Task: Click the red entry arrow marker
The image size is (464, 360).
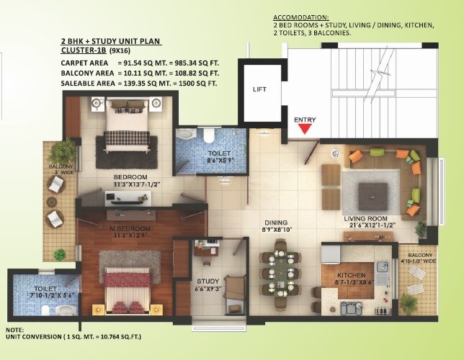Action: [305, 129]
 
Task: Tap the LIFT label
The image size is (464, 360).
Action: [260, 90]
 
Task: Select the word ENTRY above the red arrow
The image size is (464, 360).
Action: [305, 119]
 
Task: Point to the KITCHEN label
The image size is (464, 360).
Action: [351, 276]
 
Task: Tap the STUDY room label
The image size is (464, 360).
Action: [207, 281]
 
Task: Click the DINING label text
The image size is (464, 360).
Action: [276, 222]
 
